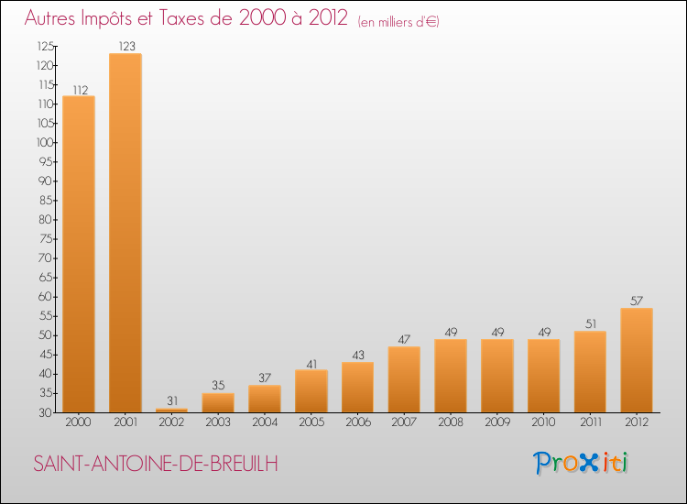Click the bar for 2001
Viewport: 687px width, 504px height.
125,233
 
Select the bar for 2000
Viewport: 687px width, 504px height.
79,254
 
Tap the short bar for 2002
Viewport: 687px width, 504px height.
172,411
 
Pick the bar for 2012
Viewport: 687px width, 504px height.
636,360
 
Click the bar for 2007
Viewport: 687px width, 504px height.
404,379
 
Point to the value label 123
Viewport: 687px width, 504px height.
125,46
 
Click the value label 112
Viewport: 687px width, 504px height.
79,89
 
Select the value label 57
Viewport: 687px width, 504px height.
636,301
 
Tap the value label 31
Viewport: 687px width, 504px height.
172,400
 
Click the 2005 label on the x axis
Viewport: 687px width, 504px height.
311,423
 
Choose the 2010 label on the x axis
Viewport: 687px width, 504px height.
543,423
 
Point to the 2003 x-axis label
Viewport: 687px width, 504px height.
218,423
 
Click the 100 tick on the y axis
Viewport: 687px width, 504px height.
44,142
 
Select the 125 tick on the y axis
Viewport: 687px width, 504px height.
44,46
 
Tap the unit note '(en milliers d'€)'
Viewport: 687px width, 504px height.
398,22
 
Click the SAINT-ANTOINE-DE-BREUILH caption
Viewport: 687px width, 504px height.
156,464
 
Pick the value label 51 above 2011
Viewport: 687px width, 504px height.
590,323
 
